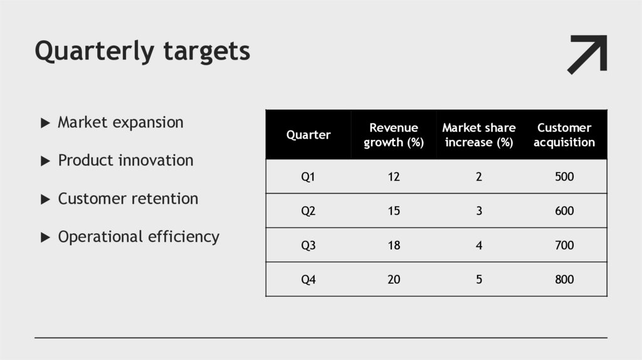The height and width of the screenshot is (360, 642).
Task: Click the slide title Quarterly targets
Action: (142, 51)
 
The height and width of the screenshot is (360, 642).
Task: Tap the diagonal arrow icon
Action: (587, 55)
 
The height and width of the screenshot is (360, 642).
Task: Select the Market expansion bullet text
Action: (120, 122)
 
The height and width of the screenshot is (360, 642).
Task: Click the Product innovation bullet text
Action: (125, 161)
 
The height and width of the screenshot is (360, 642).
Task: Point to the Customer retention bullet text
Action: (128, 199)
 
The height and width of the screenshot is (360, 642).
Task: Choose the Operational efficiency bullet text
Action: (139, 237)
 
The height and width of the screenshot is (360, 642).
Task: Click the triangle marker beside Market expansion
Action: (45, 123)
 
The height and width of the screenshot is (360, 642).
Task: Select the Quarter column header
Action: (308, 135)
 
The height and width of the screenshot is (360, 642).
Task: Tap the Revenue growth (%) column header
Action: (394, 135)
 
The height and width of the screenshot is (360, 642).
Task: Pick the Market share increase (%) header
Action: (479, 135)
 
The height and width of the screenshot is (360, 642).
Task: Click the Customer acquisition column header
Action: (564, 135)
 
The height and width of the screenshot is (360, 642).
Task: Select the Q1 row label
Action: (308, 177)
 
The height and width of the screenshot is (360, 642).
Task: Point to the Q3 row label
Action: (308, 245)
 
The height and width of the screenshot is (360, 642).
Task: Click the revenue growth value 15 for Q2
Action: (394, 211)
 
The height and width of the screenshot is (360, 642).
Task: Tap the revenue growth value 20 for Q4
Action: (394, 280)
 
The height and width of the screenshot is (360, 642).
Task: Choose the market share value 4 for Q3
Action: (479, 245)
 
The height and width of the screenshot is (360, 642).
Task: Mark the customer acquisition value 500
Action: (564, 177)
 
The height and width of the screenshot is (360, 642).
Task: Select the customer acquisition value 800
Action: (564, 280)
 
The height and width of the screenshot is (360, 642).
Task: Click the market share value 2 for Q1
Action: (479, 177)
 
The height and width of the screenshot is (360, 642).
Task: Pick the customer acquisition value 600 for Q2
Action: (564, 211)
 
